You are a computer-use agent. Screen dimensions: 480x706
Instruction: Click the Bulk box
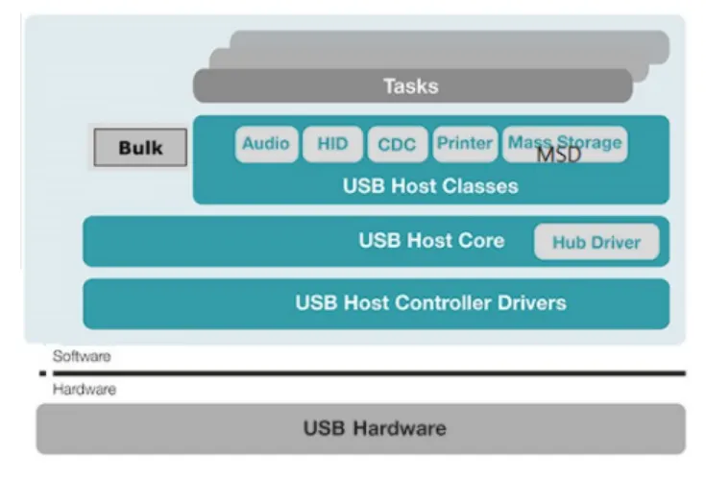(x=140, y=148)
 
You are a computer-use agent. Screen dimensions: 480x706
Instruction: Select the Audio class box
(x=265, y=144)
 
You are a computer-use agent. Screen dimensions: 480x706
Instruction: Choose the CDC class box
(x=397, y=144)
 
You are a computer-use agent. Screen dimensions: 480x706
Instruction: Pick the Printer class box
(x=465, y=144)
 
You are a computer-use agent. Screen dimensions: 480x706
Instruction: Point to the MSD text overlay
(x=559, y=155)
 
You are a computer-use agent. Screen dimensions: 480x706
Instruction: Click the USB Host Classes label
(x=430, y=186)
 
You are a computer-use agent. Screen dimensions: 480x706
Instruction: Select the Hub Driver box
(x=596, y=242)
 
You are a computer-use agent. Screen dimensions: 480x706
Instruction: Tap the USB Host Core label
(x=431, y=240)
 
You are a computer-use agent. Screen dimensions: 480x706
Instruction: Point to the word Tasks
(x=411, y=86)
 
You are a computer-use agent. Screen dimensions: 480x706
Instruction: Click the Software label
(x=82, y=356)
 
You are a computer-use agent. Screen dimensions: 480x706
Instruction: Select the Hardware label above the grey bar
(x=84, y=390)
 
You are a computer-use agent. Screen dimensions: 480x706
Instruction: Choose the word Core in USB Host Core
(x=481, y=240)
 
